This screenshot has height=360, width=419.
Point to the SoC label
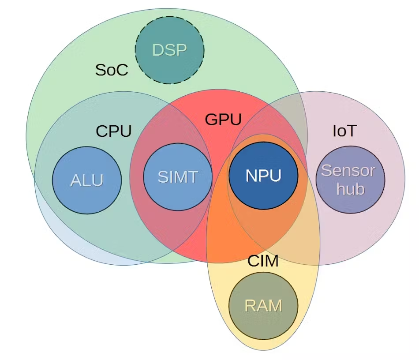(112, 70)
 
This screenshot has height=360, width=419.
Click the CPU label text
(114, 131)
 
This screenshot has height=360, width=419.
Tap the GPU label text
(223, 120)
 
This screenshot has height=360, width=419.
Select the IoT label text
(344, 131)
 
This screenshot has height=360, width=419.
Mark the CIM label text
(263, 261)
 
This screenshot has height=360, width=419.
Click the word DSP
(169, 50)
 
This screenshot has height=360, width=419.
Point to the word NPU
(263, 176)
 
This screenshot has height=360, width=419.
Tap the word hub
(350, 189)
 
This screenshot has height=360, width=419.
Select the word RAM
(263, 305)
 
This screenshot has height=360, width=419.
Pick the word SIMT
(178, 177)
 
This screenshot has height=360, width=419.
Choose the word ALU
(87, 180)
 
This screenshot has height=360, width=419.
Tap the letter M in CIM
(273, 261)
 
